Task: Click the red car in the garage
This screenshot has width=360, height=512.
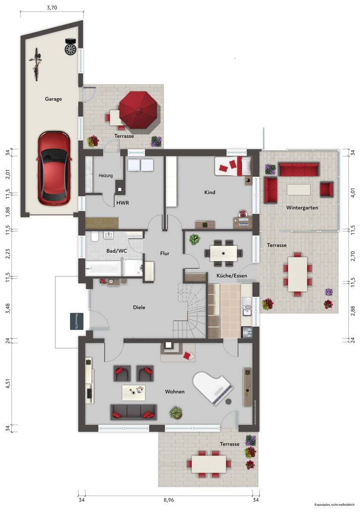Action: [54, 168]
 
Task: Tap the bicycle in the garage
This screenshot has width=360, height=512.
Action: [37, 64]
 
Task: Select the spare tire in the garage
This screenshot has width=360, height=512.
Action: [70, 47]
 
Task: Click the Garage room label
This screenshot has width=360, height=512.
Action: [53, 99]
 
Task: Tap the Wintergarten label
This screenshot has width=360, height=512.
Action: [302, 208]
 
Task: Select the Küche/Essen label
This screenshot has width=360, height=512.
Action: [232, 276]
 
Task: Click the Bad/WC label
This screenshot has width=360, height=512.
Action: [116, 251]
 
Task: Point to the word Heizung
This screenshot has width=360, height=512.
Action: [106, 176]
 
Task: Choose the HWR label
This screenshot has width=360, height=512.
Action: [122, 203]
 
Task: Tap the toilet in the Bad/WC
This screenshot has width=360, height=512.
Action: [94, 237]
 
